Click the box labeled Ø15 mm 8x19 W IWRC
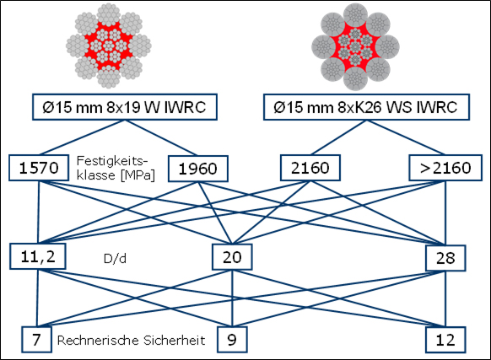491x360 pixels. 125,107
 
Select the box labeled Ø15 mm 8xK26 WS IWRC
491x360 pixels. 366,107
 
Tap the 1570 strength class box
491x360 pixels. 39,168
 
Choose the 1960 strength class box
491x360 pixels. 198,169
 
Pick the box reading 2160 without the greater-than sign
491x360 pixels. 310,168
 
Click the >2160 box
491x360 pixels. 445,168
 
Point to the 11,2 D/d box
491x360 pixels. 38,256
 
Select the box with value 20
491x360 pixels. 232,257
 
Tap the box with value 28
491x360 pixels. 445,258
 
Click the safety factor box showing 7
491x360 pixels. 36,340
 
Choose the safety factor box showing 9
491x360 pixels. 232,340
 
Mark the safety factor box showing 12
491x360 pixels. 445,340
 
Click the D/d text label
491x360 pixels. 115,259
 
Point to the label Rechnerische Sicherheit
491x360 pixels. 132,341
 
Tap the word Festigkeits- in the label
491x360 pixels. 112,161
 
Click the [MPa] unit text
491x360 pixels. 138,175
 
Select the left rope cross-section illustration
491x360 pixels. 108,46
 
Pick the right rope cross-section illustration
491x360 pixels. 355,47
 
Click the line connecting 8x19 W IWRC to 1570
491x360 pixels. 82,137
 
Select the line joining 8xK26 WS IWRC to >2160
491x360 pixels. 406,137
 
